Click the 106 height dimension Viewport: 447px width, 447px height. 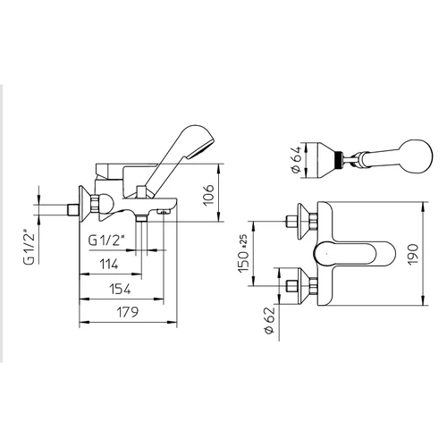(208, 195)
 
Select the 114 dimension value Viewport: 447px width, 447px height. (108, 265)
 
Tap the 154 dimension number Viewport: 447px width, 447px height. (120, 289)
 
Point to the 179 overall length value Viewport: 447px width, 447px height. (128, 312)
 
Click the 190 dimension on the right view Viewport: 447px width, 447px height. (413, 255)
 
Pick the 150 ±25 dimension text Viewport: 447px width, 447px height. (244, 253)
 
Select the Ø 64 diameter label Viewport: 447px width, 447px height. (296, 159)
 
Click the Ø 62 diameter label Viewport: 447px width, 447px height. (270, 320)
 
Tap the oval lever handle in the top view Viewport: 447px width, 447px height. (355, 254)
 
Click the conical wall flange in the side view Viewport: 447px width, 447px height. (85, 204)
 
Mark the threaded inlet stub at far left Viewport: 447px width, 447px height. (72, 210)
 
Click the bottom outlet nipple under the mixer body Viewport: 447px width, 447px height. (141, 218)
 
